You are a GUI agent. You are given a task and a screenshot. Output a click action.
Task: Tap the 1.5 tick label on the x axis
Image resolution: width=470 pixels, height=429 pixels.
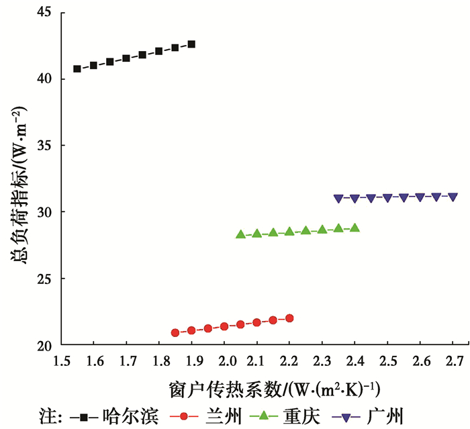pyautogui.click(x=61, y=363)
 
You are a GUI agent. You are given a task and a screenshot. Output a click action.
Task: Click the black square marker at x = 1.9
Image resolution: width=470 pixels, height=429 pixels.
pyautogui.click(x=191, y=44)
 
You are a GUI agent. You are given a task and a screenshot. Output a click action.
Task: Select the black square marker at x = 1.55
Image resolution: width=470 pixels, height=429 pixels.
pyautogui.click(x=77, y=68)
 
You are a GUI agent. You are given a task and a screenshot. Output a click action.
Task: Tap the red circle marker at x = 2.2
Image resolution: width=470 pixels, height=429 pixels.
pyautogui.click(x=289, y=318)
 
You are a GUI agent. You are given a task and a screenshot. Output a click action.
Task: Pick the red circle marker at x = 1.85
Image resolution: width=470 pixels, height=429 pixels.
pyautogui.click(x=175, y=332)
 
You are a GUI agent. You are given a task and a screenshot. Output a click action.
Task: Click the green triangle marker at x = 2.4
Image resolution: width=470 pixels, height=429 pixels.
pyautogui.click(x=355, y=228)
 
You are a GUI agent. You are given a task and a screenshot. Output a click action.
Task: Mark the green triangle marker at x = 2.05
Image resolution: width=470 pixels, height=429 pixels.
pyautogui.click(x=240, y=234)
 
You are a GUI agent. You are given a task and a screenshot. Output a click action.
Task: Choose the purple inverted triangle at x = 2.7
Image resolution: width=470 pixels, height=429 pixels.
pyautogui.click(x=453, y=197)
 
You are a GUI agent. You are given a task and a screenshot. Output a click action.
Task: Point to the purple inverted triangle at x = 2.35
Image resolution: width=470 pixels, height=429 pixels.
pyautogui.click(x=338, y=199)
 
